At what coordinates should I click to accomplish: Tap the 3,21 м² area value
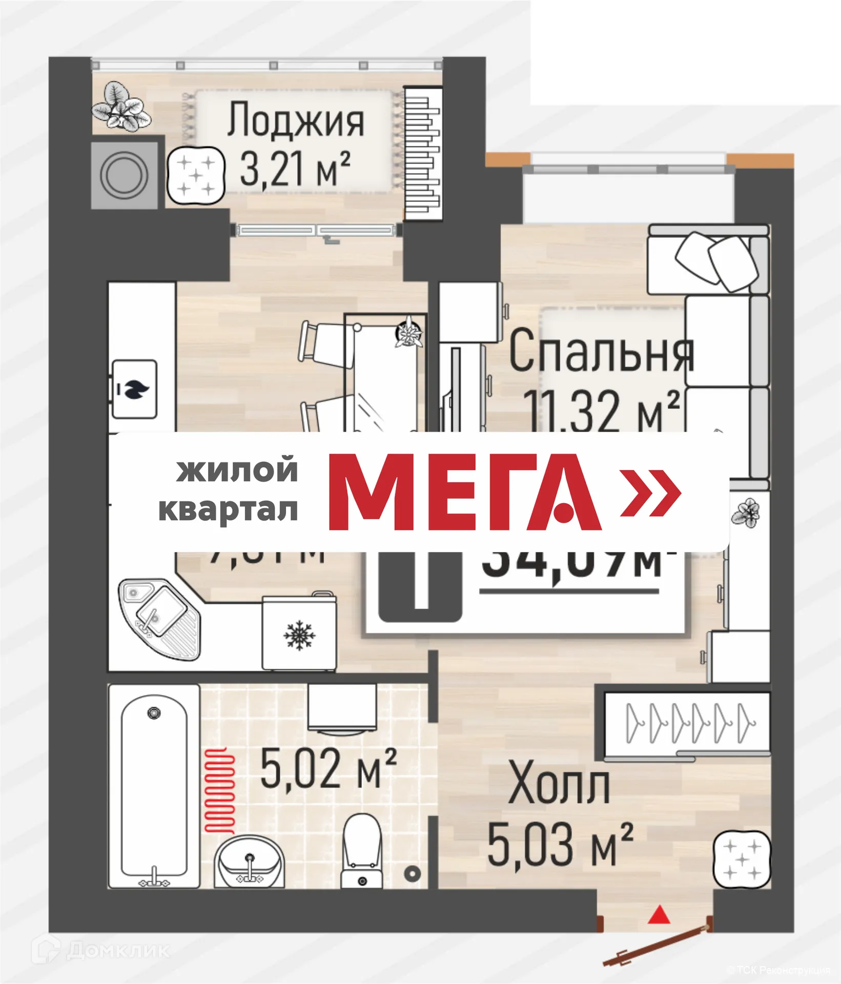(295, 169)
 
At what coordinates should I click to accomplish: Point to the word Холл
(559, 783)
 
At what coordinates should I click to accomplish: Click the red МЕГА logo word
(464, 492)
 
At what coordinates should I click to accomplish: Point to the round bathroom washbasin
(249, 861)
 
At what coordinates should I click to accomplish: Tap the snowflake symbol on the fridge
(299, 635)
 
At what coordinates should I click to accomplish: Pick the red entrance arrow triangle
(659, 914)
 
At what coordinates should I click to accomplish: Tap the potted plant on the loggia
(120, 107)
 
